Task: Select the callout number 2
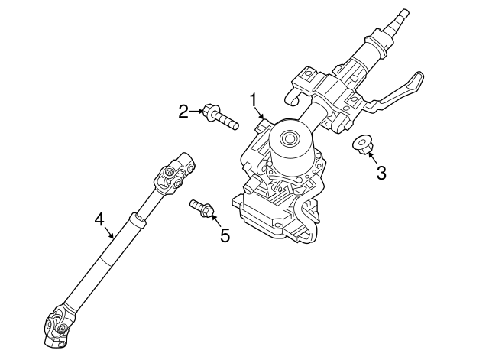coord(183,112)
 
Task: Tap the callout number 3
coord(381,172)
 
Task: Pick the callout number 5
coord(225,235)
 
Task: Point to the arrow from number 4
coord(108,230)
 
